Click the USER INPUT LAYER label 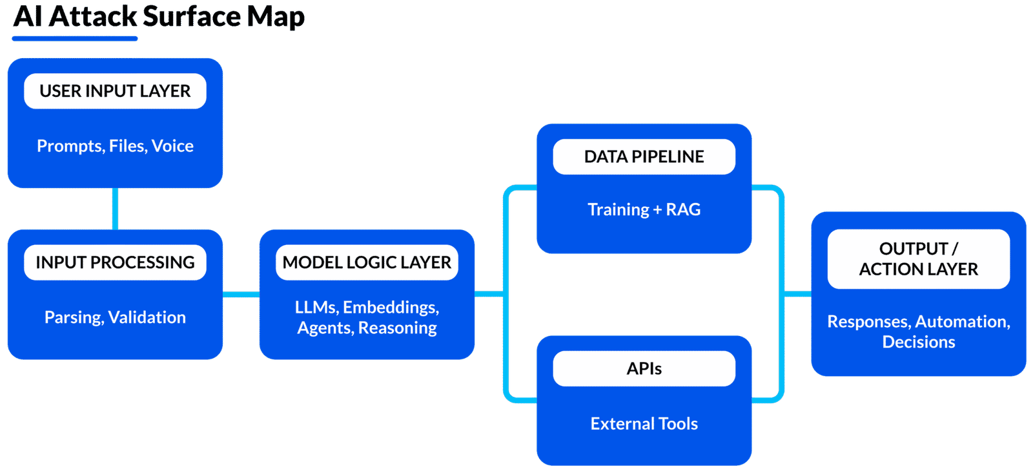(115, 91)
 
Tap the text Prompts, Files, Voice (115, 146)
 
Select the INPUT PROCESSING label (115, 262)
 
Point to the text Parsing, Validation (115, 317)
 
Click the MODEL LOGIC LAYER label (367, 262)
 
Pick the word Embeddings (391, 308)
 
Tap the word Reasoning (397, 328)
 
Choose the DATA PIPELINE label (644, 156)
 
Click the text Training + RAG (644, 209)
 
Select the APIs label (644, 368)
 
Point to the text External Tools (644, 424)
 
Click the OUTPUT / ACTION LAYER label (918, 259)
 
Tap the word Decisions (918, 342)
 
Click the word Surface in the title (191, 17)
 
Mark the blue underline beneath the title (75, 39)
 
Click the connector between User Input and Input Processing (115, 209)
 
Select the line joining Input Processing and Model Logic (241, 295)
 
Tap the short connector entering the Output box (797, 294)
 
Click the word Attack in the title (93, 17)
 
